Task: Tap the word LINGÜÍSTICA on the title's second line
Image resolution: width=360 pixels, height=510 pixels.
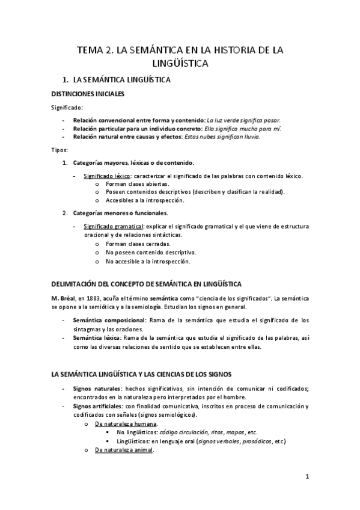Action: pyautogui.click(x=180, y=63)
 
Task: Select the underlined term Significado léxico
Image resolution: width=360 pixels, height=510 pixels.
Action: pyautogui.click(x=106, y=176)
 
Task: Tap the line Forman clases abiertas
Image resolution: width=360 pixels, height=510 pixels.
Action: pyautogui.click(x=137, y=184)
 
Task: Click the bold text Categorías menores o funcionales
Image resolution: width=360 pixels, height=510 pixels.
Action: pyautogui.click(x=120, y=213)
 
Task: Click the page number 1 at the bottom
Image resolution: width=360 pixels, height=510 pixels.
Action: pyautogui.click(x=307, y=478)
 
